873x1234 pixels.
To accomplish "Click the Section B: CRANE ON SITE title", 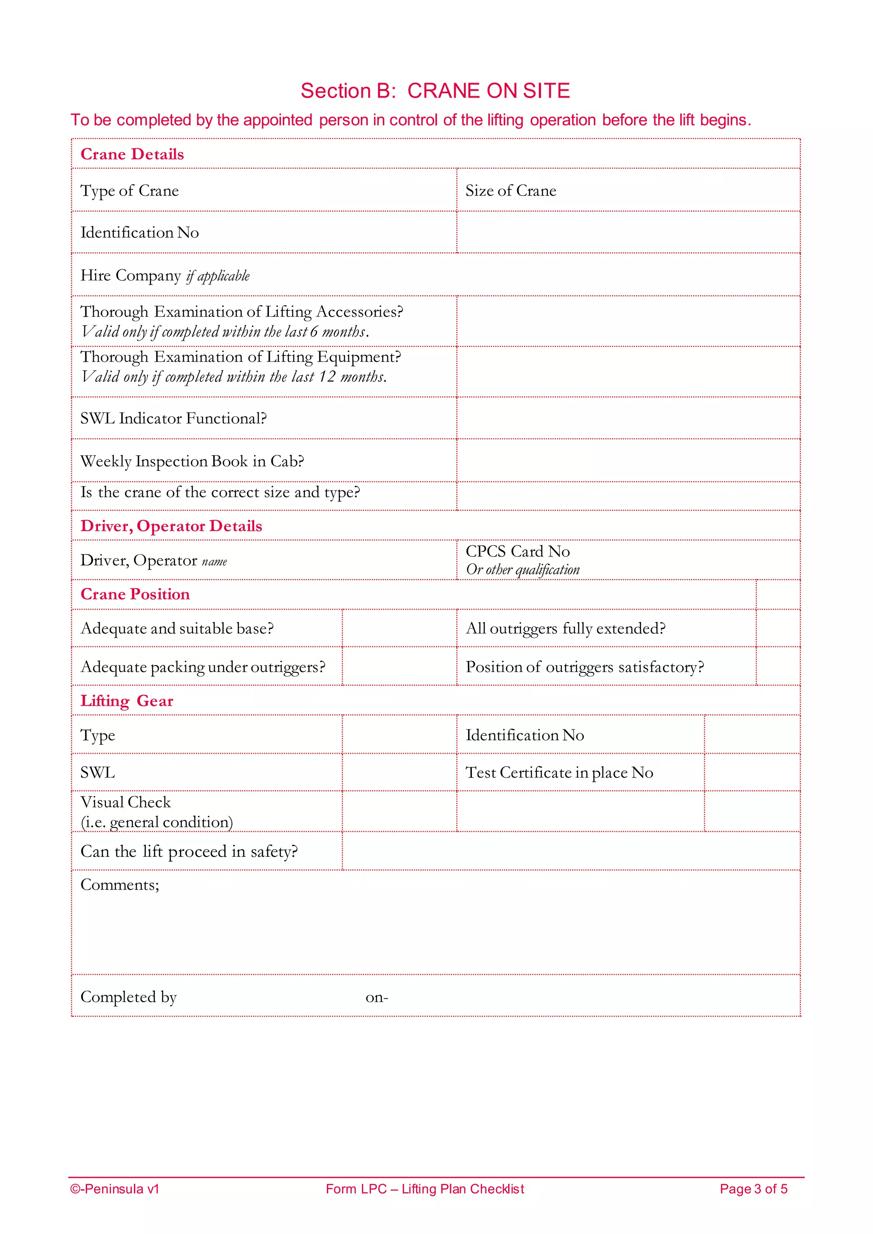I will click(435, 91).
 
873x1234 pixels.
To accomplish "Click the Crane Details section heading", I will click(132, 154).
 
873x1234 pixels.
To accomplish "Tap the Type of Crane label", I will click(130, 191).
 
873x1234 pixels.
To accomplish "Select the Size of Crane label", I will click(511, 191).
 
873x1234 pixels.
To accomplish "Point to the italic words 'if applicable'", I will click(218, 276).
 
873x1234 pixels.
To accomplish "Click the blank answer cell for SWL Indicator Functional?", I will click(628, 418).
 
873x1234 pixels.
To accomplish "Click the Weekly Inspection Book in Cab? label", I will click(192, 461).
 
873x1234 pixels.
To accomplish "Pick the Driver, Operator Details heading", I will click(171, 526).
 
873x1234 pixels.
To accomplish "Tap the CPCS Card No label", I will click(517, 551).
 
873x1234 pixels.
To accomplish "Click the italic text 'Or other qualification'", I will click(523, 570).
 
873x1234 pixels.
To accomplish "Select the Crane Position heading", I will click(135, 594).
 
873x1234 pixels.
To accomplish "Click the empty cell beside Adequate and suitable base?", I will click(399, 628).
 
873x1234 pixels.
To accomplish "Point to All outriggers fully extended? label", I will click(566, 628).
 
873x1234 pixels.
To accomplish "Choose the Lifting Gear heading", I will click(127, 701).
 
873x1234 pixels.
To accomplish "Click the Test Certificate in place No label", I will click(559, 773).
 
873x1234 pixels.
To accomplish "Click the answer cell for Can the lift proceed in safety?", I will click(571, 851).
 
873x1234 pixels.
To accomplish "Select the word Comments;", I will click(120, 885).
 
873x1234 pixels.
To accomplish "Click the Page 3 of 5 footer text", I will click(753, 1189).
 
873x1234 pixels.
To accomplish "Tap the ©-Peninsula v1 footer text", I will click(115, 1189).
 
